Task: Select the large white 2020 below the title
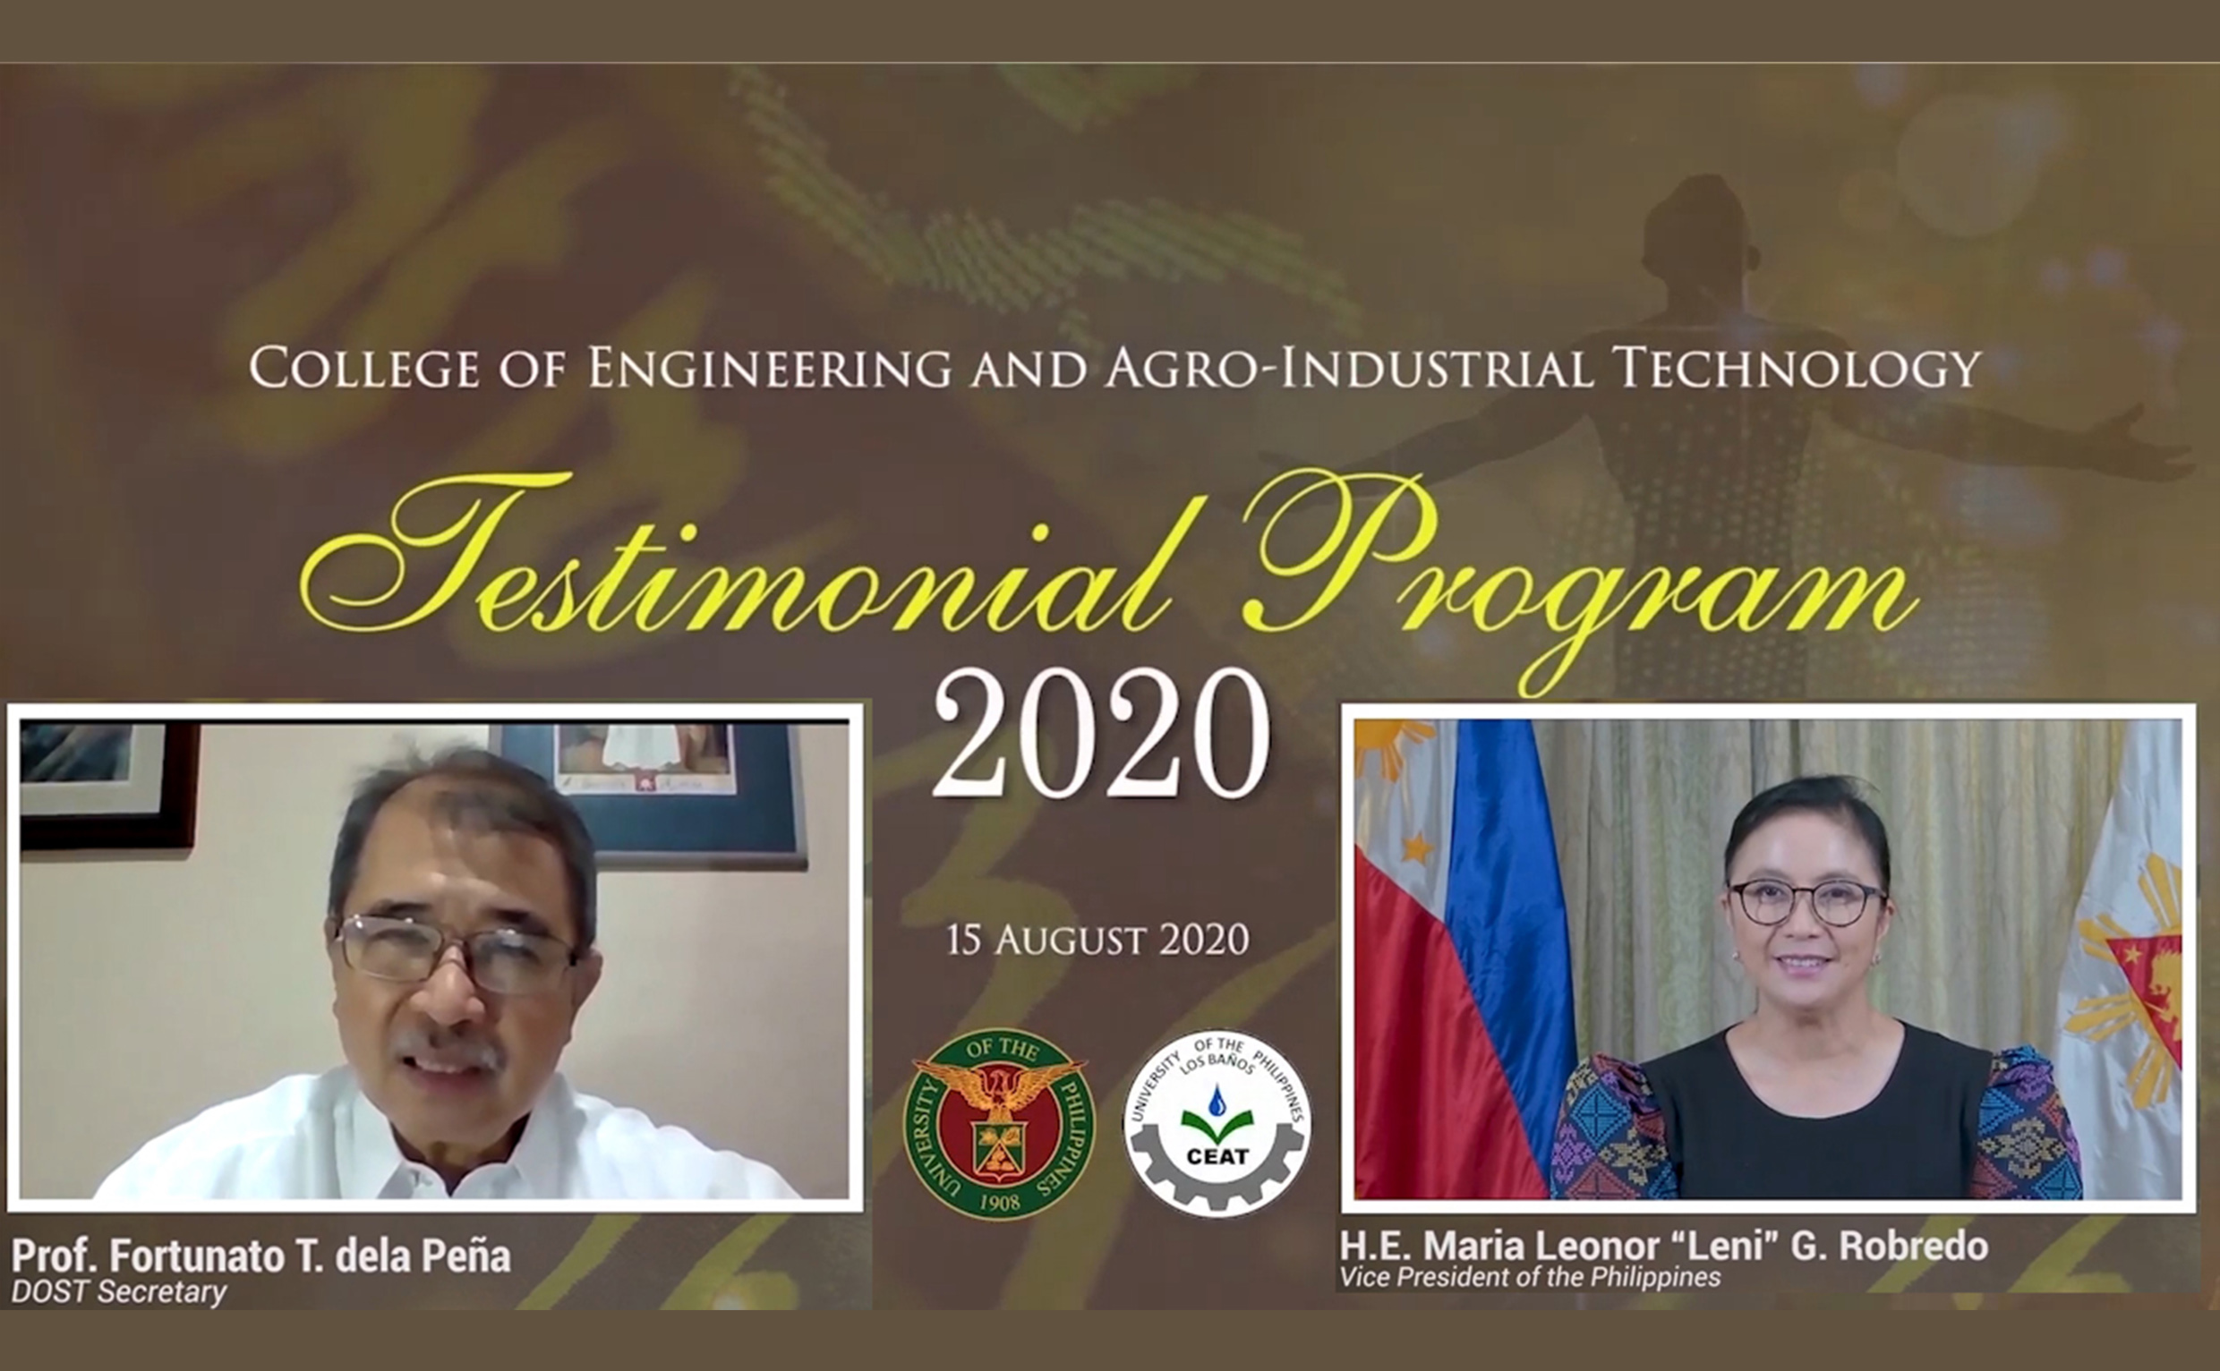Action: click(x=1101, y=735)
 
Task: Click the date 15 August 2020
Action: click(x=1097, y=941)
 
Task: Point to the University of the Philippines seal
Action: click(x=998, y=1124)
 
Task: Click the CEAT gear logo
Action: click(x=1217, y=1124)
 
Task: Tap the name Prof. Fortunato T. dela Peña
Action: click(x=261, y=1256)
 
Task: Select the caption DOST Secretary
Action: click(x=119, y=1292)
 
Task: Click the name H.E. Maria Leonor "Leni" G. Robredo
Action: click(x=1664, y=1246)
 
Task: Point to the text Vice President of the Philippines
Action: click(x=1530, y=1278)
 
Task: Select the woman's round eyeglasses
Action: click(x=1806, y=901)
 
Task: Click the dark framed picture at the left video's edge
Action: click(x=105, y=785)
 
